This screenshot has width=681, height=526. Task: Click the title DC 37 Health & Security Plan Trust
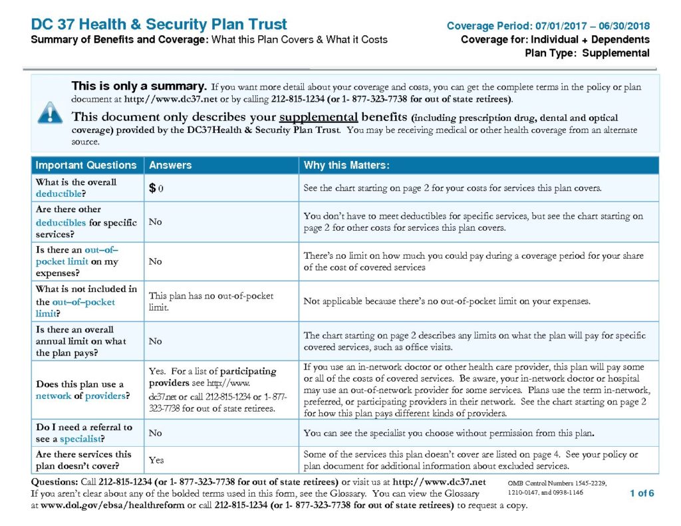tap(159, 25)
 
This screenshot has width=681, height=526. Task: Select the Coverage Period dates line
tap(548, 27)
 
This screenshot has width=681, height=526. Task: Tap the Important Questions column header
tap(86, 165)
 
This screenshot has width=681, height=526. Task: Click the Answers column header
tap(170, 165)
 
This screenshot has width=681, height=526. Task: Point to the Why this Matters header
tap(346, 165)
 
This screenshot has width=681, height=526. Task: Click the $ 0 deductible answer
tap(156, 188)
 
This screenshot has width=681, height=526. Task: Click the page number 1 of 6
tap(642, 493)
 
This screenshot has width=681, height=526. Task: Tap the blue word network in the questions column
tap(53, 396)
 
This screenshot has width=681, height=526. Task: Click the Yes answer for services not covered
tap(156, 460)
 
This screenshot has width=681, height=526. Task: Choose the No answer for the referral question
tap(156, 433)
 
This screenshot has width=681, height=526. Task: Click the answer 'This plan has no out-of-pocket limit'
tap(211, 301)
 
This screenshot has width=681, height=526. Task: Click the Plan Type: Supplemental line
tap(587, 53)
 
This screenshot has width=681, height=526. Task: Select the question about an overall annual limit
tap(80, 341)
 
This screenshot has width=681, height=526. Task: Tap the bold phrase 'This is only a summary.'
tap(139, 86)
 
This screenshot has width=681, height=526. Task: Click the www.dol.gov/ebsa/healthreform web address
tap(117, 505)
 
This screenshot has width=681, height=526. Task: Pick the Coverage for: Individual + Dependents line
tap(555, 40)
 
